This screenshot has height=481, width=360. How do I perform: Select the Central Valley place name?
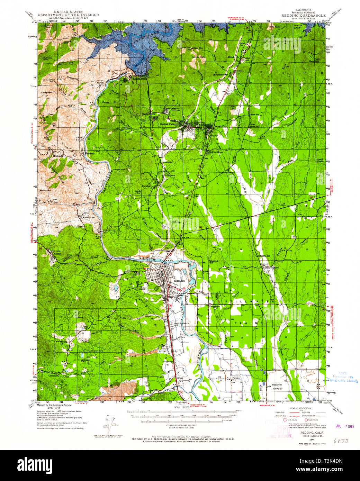tap(169, 124)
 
